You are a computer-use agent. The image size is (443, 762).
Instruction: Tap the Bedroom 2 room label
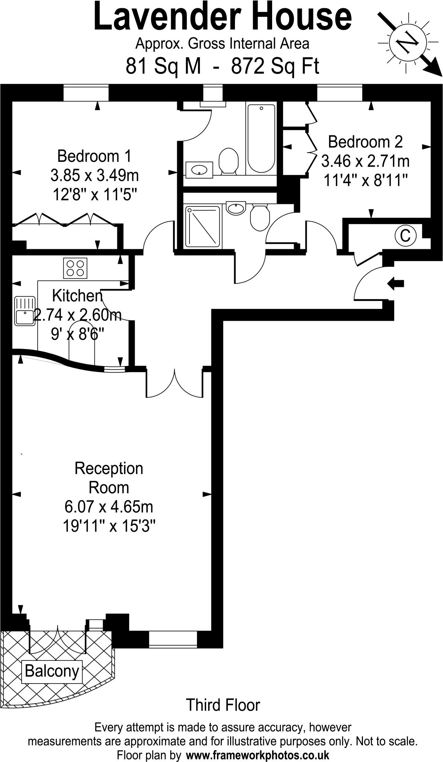365,142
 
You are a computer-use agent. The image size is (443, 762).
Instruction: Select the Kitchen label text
77,296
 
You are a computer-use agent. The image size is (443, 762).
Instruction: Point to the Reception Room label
109,478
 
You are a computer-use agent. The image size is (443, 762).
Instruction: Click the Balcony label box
52,672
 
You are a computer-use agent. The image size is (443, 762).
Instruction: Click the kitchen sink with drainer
24,311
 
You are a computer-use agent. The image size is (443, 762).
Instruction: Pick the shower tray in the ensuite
203,226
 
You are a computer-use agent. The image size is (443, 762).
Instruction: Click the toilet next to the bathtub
228,161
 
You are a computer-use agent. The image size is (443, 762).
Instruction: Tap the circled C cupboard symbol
405,235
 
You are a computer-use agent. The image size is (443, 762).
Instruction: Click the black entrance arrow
396,284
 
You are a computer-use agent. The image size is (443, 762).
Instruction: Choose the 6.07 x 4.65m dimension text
109,506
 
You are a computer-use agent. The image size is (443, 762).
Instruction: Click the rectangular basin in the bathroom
199,170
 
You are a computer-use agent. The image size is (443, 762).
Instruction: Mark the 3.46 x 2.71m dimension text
365,161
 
